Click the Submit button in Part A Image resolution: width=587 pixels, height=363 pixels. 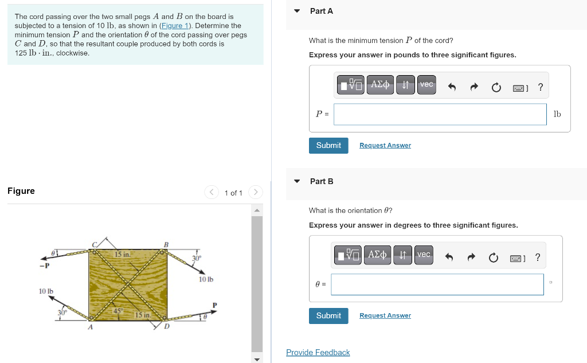[328, 146]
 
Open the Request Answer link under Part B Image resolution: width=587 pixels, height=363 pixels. [385, 315]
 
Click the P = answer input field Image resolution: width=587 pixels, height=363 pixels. [440, 114]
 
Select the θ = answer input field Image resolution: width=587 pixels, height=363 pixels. [437, 284]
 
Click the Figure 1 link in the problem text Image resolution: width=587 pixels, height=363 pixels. [175, 26]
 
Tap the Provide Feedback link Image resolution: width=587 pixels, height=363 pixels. [318, 353]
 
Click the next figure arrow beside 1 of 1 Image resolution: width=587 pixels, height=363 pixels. [256, 193]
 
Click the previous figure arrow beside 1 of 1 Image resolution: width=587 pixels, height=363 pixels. [212, 193]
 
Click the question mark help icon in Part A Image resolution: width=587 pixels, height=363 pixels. [541, 87]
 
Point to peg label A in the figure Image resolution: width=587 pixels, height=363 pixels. [89, 327]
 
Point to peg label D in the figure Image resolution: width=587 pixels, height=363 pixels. [167, 327]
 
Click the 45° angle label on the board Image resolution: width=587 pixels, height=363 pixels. [118, 310]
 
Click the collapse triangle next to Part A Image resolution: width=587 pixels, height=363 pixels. [297, 11]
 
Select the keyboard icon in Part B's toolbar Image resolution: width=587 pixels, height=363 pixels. [516, 257]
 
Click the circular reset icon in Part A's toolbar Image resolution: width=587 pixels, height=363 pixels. [496, 87]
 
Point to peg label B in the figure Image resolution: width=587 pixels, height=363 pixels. [166, 245]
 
